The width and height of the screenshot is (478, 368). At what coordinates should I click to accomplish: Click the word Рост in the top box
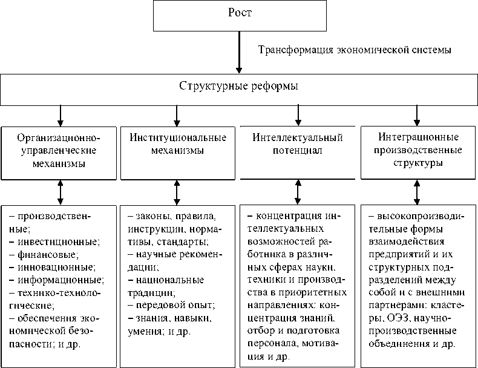click(x=239, y=14)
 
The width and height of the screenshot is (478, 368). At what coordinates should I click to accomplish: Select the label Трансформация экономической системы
click(x=355, y=49)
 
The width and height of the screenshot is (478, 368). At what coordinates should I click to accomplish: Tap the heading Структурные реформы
click(x=239, y=87)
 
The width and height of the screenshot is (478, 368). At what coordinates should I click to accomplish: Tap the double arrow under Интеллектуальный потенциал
click(x=297, y=193)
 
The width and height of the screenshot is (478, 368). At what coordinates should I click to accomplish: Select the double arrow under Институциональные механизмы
click(x=177, y=193)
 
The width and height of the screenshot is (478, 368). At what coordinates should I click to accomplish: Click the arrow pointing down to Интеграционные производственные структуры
click(x=416, y=114)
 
